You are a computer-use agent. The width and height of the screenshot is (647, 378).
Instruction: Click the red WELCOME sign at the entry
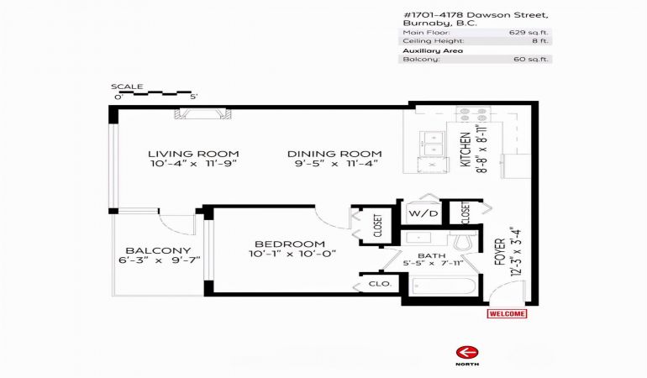[507, 313]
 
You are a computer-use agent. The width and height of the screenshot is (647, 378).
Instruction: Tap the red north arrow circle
[467, 354]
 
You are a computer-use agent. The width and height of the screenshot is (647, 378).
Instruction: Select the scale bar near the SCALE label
[155, 93]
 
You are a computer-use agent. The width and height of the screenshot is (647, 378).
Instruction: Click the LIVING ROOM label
[193, 154]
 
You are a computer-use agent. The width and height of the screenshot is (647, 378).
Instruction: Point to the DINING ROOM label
[334, 154]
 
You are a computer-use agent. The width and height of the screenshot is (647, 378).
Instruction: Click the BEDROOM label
[290, 244]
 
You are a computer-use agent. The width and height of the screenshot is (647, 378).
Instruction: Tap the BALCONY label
[158, 250]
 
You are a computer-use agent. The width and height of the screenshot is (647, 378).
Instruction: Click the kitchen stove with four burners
[473, 114]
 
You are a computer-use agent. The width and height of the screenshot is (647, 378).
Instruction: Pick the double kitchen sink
[433, 144]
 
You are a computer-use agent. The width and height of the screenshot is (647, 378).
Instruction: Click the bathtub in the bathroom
[444, 286]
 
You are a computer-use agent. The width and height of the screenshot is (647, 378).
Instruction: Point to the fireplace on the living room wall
[203, 114]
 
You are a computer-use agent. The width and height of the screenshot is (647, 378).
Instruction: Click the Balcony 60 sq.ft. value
[531, 59]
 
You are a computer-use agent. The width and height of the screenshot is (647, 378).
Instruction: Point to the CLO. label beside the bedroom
[380, 284]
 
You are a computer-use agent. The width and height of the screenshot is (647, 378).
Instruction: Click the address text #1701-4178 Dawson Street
[476, 15]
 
